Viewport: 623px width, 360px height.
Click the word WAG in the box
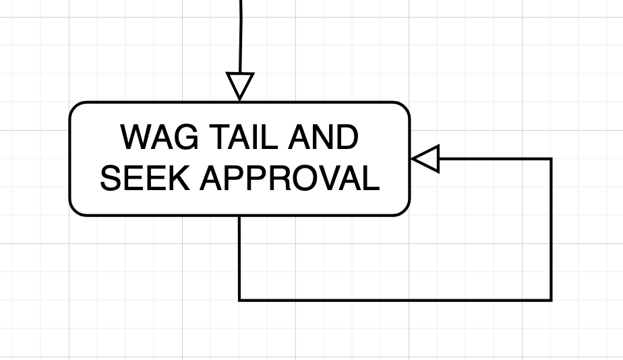[159, 137]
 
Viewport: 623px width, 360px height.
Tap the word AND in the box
[324, 137]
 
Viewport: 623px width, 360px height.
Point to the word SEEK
[144, 178]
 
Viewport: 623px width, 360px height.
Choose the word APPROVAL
[290, 178]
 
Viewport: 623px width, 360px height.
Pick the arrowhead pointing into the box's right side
[425, 159]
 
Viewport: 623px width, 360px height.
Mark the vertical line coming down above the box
[241, 36]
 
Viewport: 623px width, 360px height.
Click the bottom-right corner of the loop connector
[551, 300]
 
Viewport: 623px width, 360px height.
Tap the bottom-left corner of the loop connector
[239, 300]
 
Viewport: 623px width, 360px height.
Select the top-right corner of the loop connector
[551, 159]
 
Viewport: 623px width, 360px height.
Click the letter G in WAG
[186, 137]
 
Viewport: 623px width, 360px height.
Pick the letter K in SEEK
[179, 178]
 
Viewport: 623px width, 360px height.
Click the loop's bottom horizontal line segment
[395, 300]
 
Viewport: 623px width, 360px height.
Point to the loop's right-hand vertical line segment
[551, 229]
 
